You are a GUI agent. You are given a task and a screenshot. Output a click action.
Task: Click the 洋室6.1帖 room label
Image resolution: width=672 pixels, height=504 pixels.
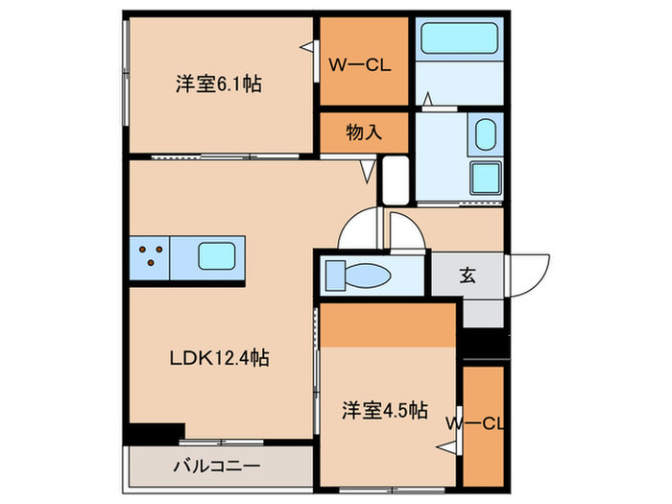tap(218, 84)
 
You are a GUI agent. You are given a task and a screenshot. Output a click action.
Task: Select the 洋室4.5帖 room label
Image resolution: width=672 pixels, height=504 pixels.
tap(385, 410)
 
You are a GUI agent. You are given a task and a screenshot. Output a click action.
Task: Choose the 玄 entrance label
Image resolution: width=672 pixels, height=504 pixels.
tap(468, 276)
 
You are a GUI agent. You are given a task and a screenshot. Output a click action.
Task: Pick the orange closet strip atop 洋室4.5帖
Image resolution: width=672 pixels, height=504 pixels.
tap(387, 324)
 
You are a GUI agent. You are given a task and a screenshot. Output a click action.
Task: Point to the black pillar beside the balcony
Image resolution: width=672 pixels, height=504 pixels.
tap(156, 433)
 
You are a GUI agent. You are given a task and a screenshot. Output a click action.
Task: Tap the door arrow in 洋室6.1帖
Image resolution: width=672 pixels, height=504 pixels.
tap(306, 46)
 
